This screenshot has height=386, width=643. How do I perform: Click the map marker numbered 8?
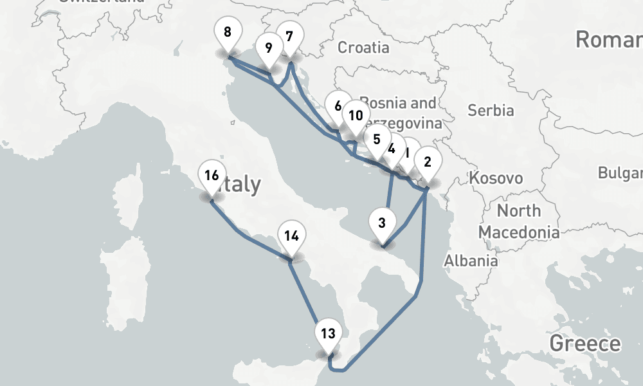point(228,32)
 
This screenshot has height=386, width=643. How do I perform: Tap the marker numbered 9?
point(268,48)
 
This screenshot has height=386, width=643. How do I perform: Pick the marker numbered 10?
point(355,116)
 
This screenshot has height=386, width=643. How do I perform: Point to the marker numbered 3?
point(382,223)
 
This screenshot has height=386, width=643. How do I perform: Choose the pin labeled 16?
point(212,175)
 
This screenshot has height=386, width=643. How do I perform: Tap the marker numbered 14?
point(291,236)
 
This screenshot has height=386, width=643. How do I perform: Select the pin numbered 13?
point(328,333)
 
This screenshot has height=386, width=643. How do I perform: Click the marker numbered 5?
point(376,140)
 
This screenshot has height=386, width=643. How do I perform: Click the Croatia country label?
point(363,47)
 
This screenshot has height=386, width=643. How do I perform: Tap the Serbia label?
point(491,110)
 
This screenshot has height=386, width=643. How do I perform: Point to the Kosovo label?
point(496,178)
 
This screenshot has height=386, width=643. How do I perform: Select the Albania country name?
point(471,261)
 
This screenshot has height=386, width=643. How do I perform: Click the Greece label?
point(585,343)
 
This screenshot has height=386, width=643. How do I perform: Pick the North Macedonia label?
point(518,221)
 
